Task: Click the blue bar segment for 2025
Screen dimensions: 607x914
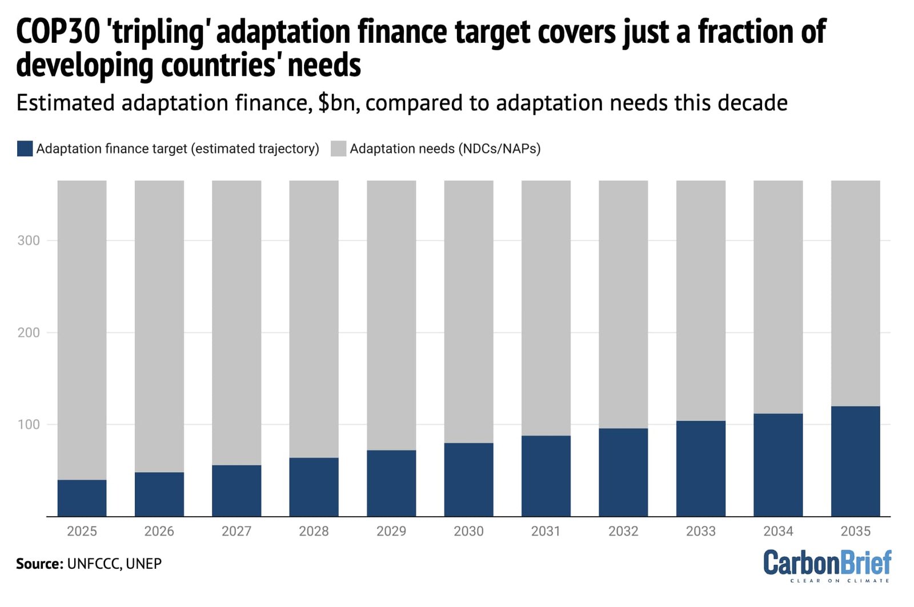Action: (82, 498)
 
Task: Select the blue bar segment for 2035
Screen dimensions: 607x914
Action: (855, 461)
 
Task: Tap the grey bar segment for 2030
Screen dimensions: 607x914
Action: (468, 311)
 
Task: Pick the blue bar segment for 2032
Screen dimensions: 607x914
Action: (623, 472)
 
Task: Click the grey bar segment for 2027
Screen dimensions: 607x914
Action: (236, 323)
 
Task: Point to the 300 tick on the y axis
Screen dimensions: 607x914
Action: (29, 240)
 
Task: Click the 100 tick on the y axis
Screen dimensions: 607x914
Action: (29, 424)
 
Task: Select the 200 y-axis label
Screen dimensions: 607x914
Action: (29, 332)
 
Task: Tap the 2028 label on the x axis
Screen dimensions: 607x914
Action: (314, 531)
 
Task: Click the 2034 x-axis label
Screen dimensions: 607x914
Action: (778, 531)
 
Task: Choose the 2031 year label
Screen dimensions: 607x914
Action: (546, 531)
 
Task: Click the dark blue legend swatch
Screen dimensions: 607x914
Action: (25, 148)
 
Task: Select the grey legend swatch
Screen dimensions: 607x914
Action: (338, 148)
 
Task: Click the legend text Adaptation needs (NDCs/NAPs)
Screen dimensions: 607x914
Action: (445, 148)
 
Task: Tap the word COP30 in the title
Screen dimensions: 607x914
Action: (58, 31)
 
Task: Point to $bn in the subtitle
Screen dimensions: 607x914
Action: (338, 103)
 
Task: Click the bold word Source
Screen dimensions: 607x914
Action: (39, 564)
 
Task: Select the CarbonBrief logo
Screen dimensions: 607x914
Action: (827, 564)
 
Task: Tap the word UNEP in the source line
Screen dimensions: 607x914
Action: (143, 564)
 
